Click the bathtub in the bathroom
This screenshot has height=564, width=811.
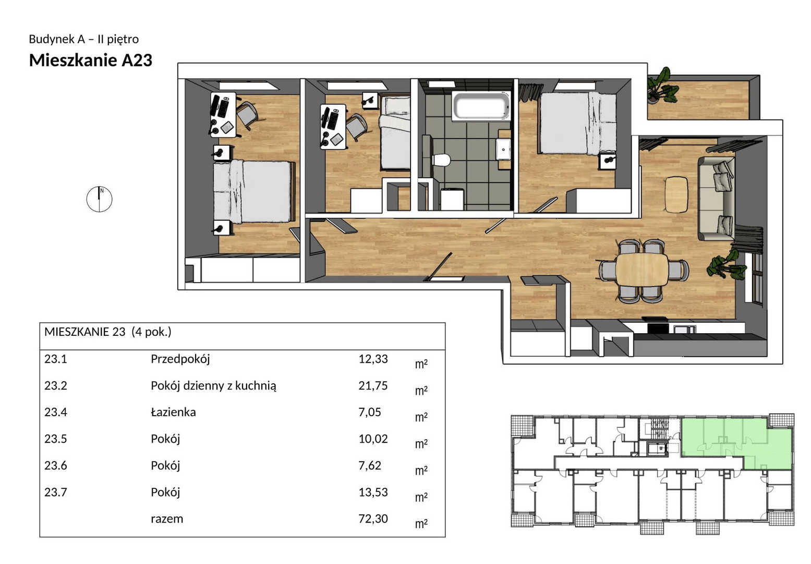(481, 106)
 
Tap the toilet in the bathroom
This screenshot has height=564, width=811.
(441, 159)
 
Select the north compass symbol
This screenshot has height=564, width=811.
(99, 199)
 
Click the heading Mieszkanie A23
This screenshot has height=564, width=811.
(91, 60)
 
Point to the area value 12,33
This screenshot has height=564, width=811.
(373, 359)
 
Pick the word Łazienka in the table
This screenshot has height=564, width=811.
(173, 412)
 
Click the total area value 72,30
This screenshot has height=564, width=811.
(373, 519)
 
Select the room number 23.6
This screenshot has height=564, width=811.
(56, 465)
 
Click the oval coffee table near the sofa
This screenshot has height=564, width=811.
(676, 194)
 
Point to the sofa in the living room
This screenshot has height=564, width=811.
(716, 198)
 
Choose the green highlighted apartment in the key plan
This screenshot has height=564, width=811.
(737, 444)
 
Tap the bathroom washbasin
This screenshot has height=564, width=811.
(504, 149)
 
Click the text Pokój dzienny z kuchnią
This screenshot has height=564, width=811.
(213, 386)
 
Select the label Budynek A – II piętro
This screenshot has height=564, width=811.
(83, 39)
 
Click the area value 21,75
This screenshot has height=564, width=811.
(373, 386)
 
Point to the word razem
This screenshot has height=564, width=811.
(167, 519)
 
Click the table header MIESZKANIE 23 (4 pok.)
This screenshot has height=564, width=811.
(107, 332)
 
